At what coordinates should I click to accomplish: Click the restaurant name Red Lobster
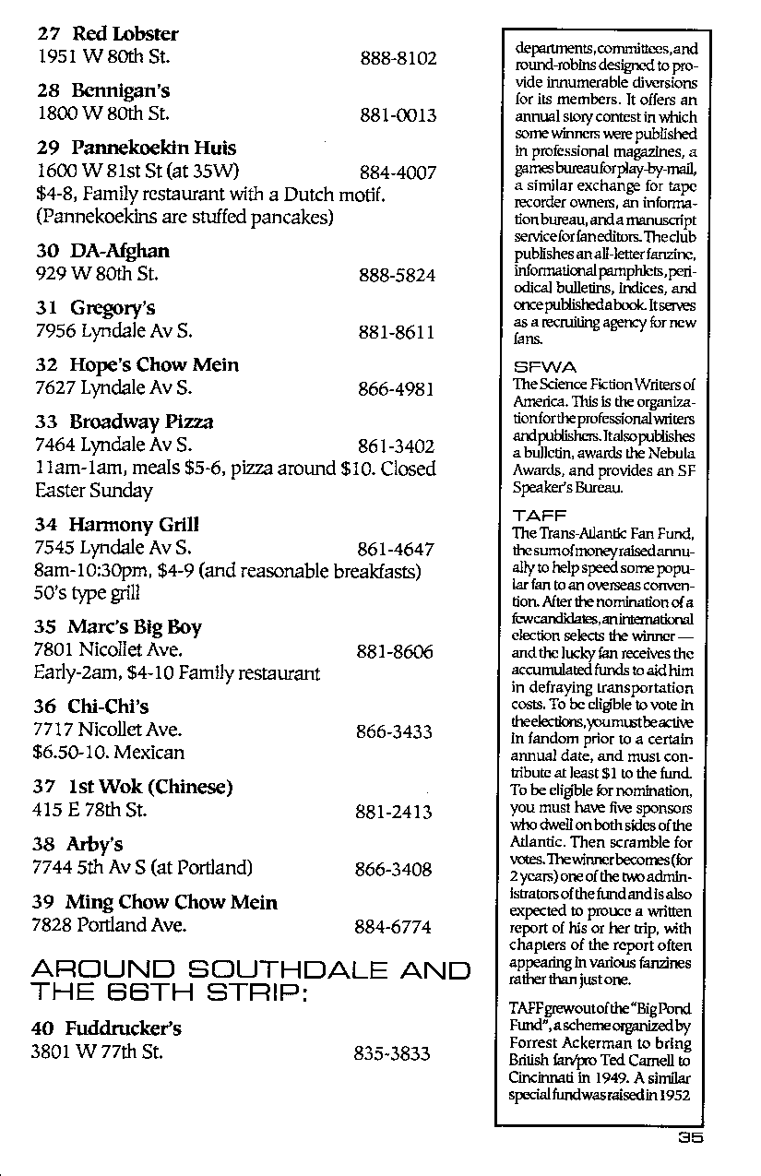[x=125, y=34]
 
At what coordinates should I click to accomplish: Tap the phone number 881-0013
[x=398, y=116]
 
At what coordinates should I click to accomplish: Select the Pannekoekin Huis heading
[x=153, y=148]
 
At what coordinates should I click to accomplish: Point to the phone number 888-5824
[x=398, y=275]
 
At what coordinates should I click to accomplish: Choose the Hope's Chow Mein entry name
[x=154, y=365]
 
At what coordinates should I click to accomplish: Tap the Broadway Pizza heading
[x=141, y=422]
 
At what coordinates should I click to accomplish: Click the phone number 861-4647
[x=396, y=550]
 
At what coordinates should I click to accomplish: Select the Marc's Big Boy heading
[x=134, y=627]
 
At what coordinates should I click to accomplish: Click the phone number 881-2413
[x=393, y=813]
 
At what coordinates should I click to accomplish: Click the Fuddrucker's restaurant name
[x=123, y=1028]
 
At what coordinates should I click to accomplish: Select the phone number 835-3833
[x=392, y=1053]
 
